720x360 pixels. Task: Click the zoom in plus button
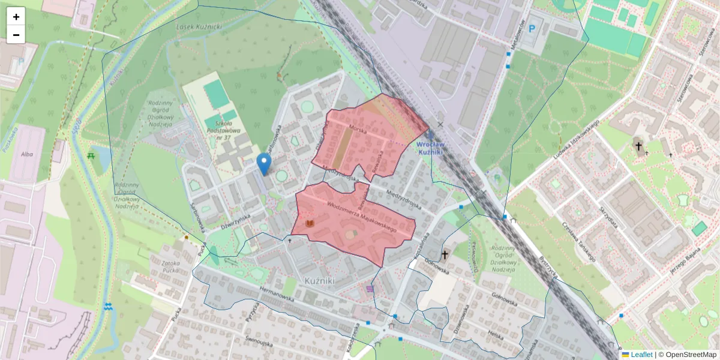click(16, 17)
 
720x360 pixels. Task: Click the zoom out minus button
click(16, 34)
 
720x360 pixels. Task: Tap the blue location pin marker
click(263, 163)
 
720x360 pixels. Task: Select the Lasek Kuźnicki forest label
click(199, 27)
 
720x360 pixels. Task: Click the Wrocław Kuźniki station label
click(430, 148)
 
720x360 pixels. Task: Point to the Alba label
click(27, 154)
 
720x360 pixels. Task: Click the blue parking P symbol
click(531, 28)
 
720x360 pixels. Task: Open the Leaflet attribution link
click(641, 355)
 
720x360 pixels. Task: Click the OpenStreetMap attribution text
click(690, 355)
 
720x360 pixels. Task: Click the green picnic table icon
click(91, 155)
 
